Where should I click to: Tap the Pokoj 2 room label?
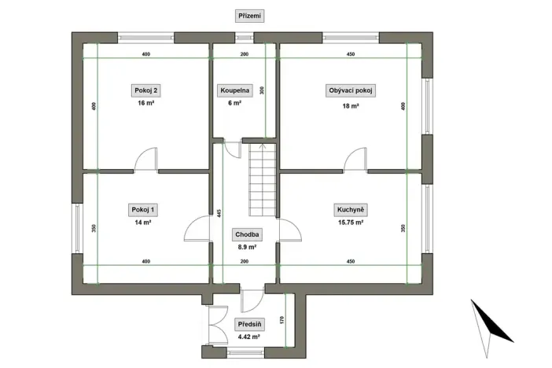click(145, 91)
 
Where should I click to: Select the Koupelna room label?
click(235, 91)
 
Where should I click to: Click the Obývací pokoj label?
click(350, 91)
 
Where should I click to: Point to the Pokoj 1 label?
click(144, 210)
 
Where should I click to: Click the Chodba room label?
click(247, 234)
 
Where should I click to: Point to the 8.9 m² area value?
click(247, 247)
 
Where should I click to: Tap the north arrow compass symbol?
click(491, 322)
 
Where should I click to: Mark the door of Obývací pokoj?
click(355, 160)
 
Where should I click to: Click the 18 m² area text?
click(350, 105)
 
